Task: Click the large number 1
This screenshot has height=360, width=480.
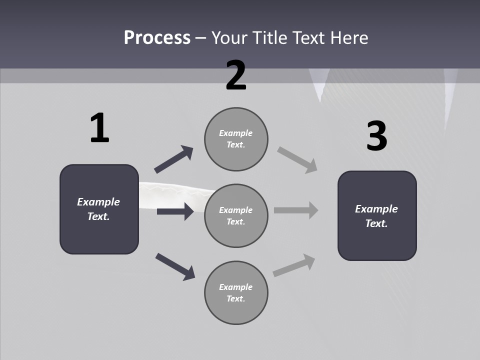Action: coord(99,128)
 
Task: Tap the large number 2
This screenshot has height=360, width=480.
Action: coord(236,75)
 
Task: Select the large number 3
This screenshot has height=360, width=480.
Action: coord(376,136)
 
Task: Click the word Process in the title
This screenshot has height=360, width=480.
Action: coord(157,37)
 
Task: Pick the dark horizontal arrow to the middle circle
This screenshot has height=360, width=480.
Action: coord(175,211)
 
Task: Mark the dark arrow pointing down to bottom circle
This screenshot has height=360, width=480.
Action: coord(175,266)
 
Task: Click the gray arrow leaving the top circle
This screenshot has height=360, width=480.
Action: coord(297,159)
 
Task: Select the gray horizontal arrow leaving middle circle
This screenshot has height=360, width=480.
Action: coord(296,210)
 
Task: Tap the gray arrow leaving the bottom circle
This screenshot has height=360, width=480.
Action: coord(294,265)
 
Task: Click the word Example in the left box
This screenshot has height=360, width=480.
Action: coord(98,202)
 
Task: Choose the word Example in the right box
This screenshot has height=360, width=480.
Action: coord(376,209)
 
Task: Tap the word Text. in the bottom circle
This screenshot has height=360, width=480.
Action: coord(236,298)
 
